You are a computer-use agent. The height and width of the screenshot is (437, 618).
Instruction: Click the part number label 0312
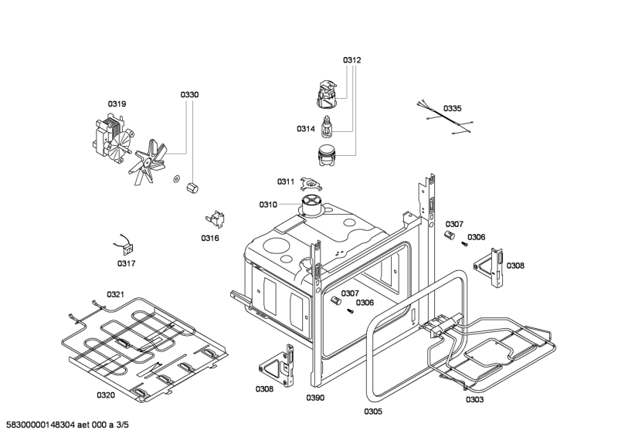tap(352, 59)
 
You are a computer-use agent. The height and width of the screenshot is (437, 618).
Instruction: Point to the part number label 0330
tap(189, 94)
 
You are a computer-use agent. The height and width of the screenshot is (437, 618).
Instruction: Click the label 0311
tap(286, 181)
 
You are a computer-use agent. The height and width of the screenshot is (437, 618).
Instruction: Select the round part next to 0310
tap(312, 203)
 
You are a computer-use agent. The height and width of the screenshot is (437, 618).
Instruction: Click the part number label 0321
tap(115, 294)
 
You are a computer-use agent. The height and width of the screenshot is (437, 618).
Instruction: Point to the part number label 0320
tap(106, 395)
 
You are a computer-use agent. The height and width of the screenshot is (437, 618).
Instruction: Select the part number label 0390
tap(315, 398)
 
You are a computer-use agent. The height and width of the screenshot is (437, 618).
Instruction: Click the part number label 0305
tap(373, 411)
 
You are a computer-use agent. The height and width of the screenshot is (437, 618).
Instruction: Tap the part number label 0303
tap(475, 399)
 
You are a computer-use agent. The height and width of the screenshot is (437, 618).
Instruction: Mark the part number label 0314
tap(306, 129)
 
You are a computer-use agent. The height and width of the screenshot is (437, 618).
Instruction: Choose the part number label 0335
tap(453, 109)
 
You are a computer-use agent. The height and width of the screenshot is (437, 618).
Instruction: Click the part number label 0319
tap(117, 103)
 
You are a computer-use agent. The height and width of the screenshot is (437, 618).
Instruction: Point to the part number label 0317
tap(127, 263)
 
